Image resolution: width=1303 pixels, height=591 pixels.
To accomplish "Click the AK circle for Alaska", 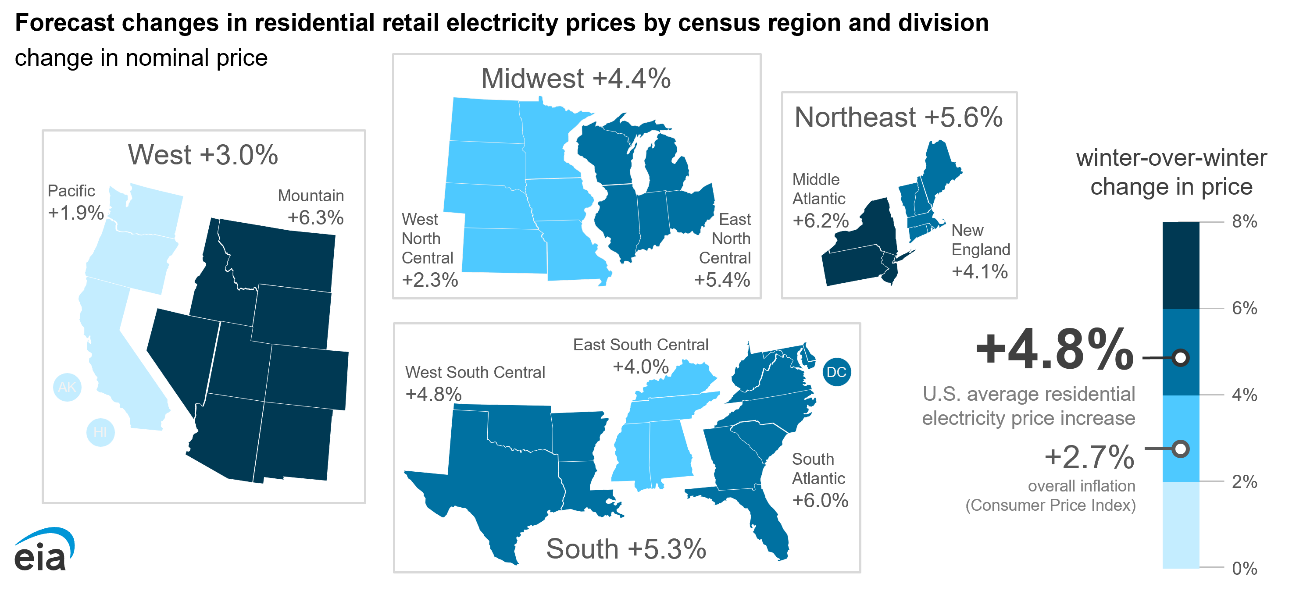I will click(67, 387).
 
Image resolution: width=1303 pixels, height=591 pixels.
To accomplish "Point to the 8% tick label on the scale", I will click(1244, 221).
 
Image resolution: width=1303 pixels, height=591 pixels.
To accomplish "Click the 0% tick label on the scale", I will click(1244, 569).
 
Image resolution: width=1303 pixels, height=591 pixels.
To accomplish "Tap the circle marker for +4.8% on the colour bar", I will click(1181, 358).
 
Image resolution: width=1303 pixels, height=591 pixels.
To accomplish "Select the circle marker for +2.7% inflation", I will click(1181, 449).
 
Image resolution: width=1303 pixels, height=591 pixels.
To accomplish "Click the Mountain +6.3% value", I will click(316, 218).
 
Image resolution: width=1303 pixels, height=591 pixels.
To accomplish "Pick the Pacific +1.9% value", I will click(76, 213).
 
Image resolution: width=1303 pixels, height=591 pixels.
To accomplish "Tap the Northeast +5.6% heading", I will click(898, 117).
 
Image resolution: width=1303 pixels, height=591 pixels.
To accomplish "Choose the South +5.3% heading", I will click(626, 549).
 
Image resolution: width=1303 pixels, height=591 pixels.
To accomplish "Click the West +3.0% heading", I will click(203, 155).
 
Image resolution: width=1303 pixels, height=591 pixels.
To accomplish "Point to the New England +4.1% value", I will click(980, 271).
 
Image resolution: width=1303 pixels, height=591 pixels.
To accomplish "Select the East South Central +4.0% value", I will click(641, 367).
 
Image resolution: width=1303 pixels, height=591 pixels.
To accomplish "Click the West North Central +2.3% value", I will click(430, 280).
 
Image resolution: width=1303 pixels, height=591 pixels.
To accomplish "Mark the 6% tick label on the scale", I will click(1244, 308).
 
